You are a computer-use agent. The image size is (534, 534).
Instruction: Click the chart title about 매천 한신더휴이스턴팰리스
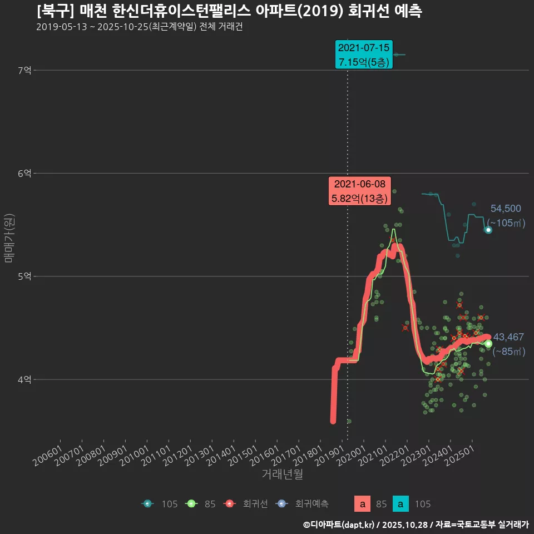(x=229, y=11)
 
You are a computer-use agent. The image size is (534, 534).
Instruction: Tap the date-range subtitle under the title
(x=139, y=27)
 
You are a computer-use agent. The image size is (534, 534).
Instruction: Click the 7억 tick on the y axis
(x=24, y=70)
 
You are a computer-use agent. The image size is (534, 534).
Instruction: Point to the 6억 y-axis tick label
(x=24, y=174)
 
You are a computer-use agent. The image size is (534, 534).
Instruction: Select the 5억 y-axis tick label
(x=24, y=276)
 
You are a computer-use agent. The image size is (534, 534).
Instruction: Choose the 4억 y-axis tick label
(x=24, y=379)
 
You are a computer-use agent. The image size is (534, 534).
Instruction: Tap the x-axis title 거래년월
(x=282, y=474)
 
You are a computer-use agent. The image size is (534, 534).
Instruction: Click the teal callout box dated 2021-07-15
(x=364, y=55)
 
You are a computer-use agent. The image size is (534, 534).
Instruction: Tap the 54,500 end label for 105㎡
(x=506, y=209)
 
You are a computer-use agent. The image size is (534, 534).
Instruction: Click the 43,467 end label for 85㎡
(x=508, y=337)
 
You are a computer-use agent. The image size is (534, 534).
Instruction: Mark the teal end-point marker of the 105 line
(x=488, y=230)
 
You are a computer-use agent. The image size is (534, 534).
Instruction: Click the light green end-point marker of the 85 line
(x=488, y=344)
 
